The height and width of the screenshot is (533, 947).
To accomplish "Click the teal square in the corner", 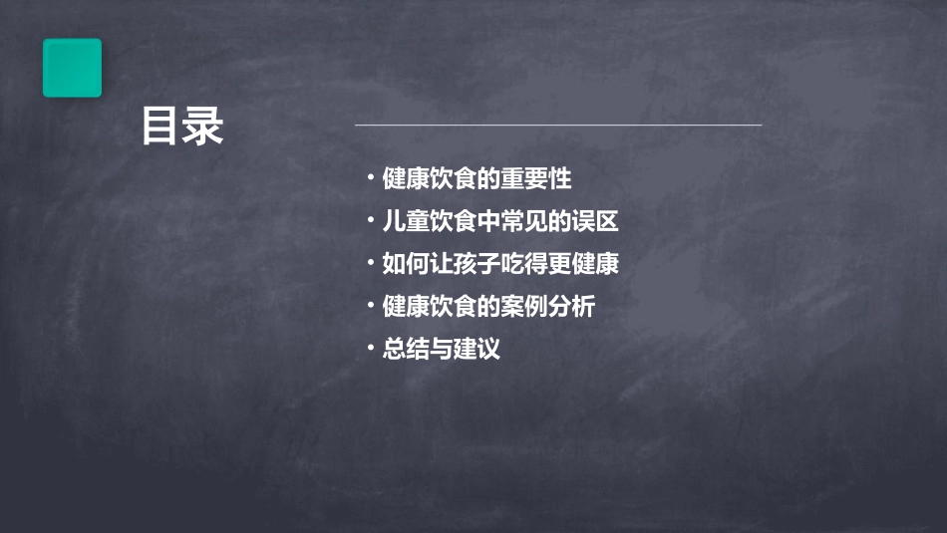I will [x=72, y=68].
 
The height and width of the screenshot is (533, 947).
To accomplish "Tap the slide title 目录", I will [x=182, y=127].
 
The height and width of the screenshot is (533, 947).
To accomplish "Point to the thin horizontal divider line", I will [x=558, y=126].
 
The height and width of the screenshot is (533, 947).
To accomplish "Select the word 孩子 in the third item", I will [x=477, y=265].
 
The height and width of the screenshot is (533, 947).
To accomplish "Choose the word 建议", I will [x=476, y=350].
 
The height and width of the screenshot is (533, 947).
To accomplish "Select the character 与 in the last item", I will [x=441, y=350].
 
